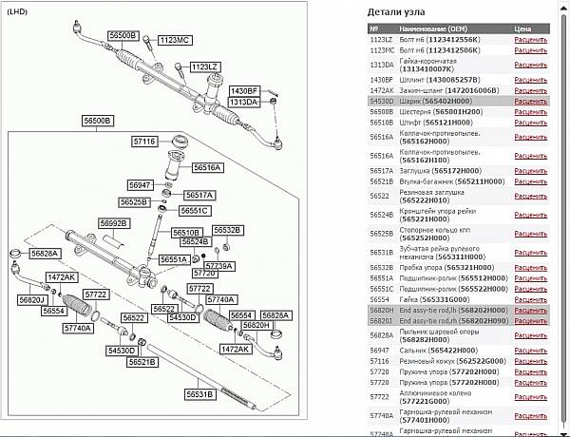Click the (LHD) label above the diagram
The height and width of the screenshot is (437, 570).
tap(18, 12)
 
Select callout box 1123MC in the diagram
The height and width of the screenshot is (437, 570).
tap(175, 41)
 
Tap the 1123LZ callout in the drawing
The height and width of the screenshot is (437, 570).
tap(205, 66)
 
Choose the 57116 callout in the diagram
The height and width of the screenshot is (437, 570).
tap(144, 141)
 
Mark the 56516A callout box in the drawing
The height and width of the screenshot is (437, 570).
tap(207, 167)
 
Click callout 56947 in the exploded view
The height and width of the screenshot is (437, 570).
tap(140, 184)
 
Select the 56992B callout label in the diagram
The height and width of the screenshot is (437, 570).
tap(114, 223)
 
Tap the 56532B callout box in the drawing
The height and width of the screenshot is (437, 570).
tap(228, 230)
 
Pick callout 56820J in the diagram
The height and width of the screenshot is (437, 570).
tap(32, 300)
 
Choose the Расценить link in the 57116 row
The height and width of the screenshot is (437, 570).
tap(530, 362)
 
